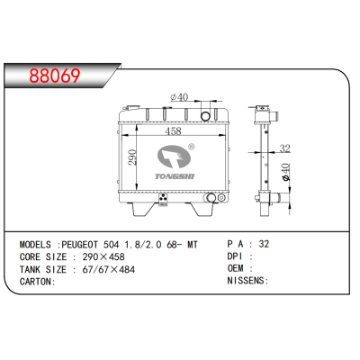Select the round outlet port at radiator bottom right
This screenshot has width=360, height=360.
click(211, 197)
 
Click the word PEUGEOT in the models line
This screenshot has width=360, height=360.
click(84, 243)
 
